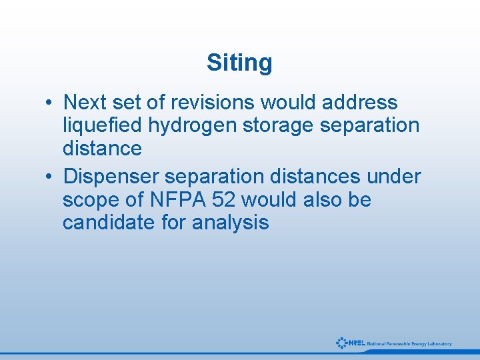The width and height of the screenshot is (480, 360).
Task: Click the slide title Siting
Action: point(239,63)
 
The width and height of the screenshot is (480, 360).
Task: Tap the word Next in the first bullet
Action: point(85,103)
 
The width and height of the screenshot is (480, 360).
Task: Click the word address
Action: point(359,103)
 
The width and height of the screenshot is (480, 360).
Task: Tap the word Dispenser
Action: point(110,177)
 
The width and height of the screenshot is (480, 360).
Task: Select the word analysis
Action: point(230,222)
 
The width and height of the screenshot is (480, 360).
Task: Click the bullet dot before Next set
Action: point(49,103)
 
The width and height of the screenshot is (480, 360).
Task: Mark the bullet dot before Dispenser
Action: point(49,177)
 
